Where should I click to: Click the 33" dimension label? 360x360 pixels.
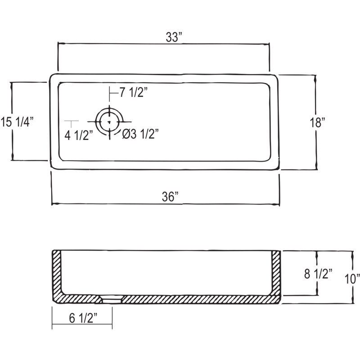[x=174, y=37]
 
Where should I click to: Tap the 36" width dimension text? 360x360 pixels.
[x=170, y=197]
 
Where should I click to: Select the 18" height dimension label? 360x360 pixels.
[x=318, y=122]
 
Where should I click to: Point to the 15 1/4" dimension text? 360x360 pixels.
[x=17, y=121]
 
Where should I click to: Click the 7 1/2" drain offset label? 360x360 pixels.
[x=133, y=93]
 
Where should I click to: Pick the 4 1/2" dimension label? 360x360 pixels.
[x=79, y=135]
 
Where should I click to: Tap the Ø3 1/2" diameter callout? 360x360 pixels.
[x=140, y=134]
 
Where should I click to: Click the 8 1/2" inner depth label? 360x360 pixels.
[x=319, y=274]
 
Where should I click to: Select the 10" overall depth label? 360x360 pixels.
[x=352, y=279]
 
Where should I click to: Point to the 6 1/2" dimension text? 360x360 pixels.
[x=83, y=318]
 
